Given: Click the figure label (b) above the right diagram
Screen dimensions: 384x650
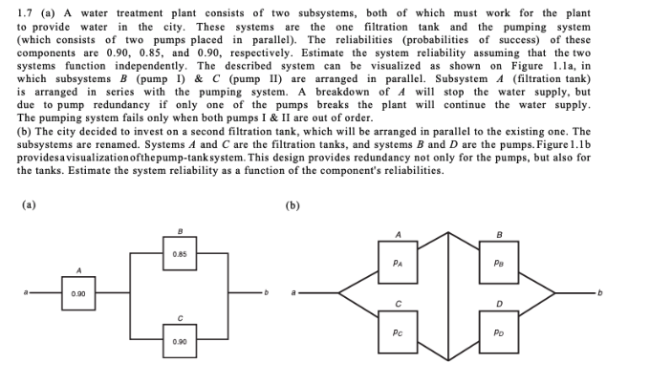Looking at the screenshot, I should point(291,203).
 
